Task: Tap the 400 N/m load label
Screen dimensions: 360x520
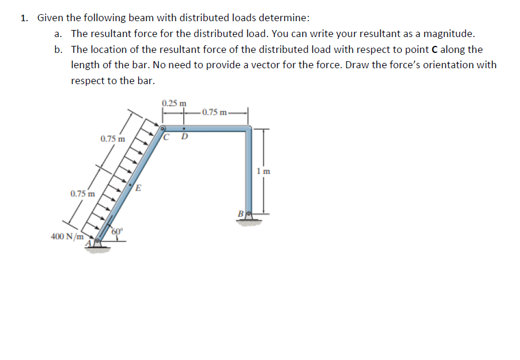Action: [65, 236]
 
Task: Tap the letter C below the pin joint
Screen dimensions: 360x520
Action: [168, 138]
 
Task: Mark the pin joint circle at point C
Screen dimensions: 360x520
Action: [163, 127]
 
